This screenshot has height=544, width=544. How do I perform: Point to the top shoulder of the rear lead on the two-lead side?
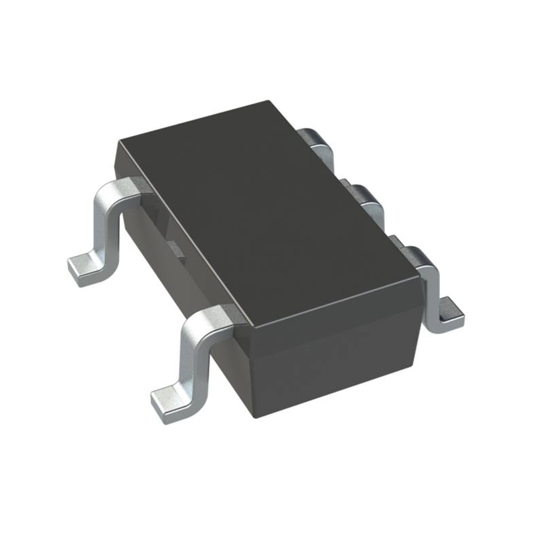click(x=122, y=188)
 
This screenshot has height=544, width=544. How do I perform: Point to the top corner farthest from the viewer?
click(x=268, y=102)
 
